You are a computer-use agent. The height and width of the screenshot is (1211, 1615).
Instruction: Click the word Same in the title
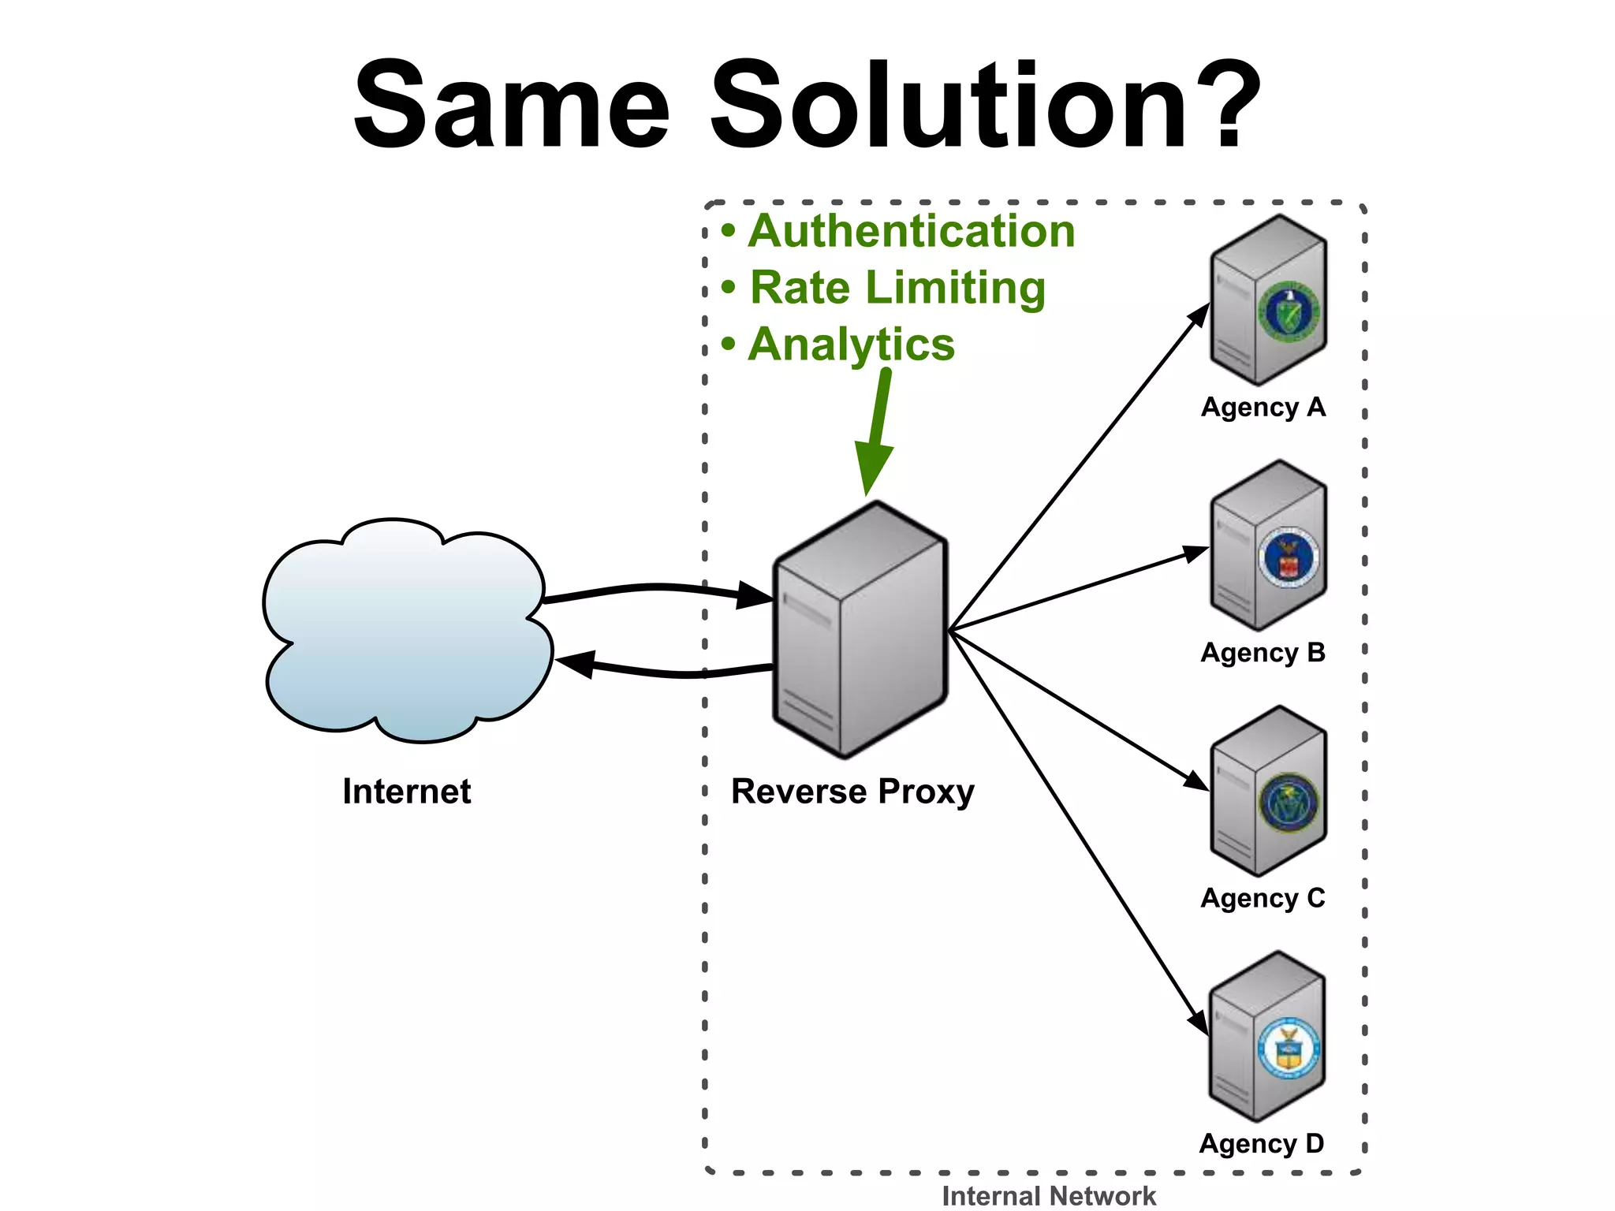511,106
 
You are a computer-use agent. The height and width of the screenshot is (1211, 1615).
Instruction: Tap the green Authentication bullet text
911,231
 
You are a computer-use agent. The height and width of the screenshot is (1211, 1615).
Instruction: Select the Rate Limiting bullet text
897,288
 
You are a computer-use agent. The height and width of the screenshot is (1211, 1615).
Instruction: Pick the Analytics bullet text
851,345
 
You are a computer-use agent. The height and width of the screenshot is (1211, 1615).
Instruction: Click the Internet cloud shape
406,631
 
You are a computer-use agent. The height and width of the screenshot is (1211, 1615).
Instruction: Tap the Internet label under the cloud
406,792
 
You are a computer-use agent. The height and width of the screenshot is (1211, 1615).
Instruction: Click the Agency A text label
1263,408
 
